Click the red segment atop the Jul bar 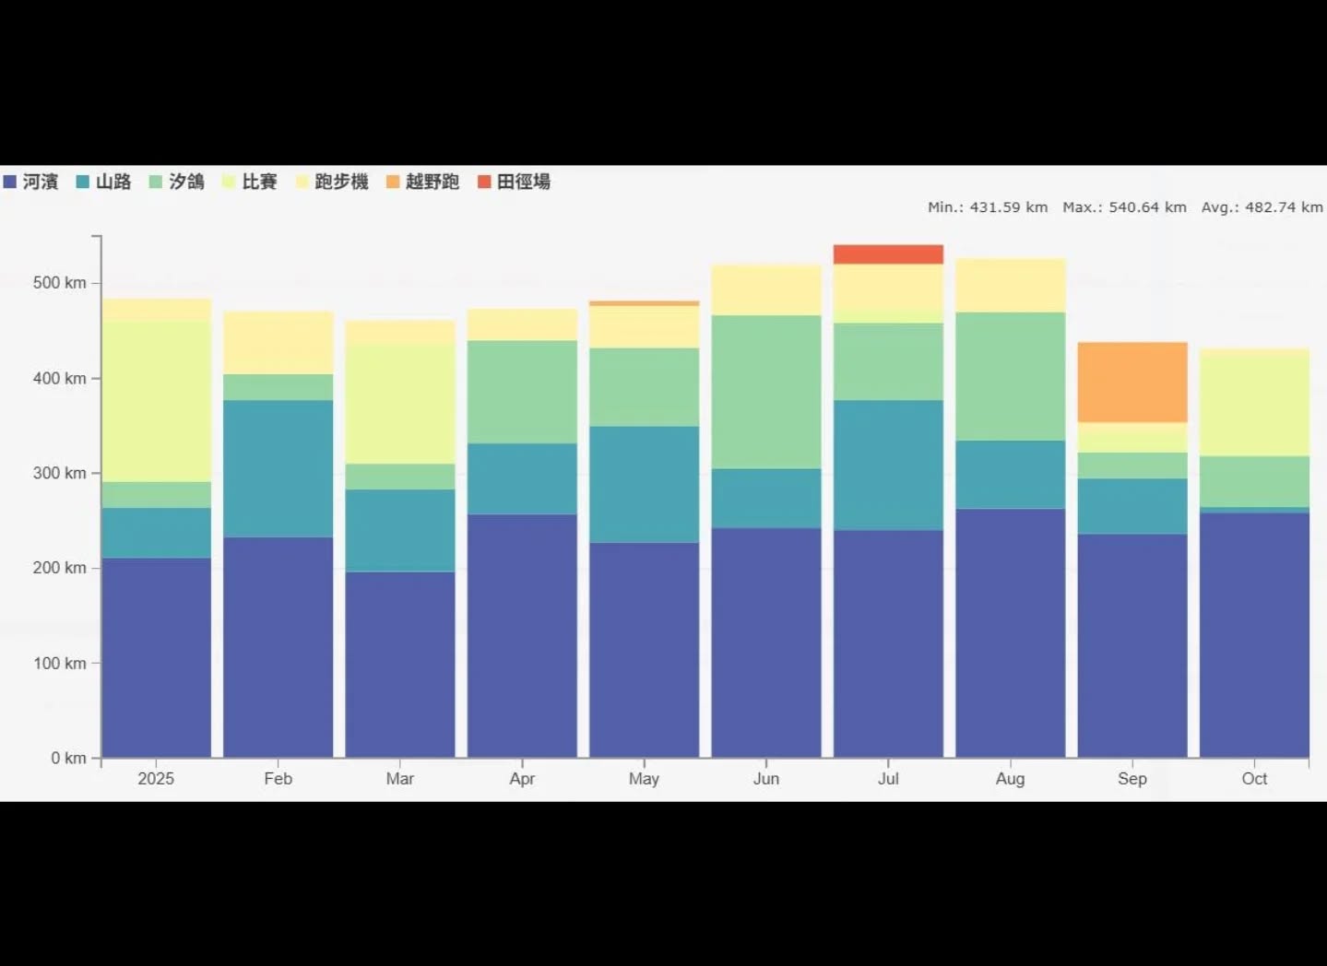pos(888,254)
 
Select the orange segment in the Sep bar pos(1132,383)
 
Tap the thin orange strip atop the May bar pos(644,303)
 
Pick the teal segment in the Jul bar pos(888,465)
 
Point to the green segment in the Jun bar pos(766,392)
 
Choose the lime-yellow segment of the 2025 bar pos(156,401)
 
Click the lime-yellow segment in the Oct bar pos(1254,403)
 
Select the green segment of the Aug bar pos(1010,376)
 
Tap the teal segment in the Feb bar pos(278,468)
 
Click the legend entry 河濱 pos(31,182)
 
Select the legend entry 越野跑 pos(423,182)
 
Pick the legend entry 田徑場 pos(515,182)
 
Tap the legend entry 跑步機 pos(333,182)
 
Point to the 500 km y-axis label pos(60,283)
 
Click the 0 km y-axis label pos(68,758)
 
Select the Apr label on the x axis pos(522,779)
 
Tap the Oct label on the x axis pos(1254,779)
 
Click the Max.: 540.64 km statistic pos(1124,207)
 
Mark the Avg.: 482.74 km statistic pos(1262,207)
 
